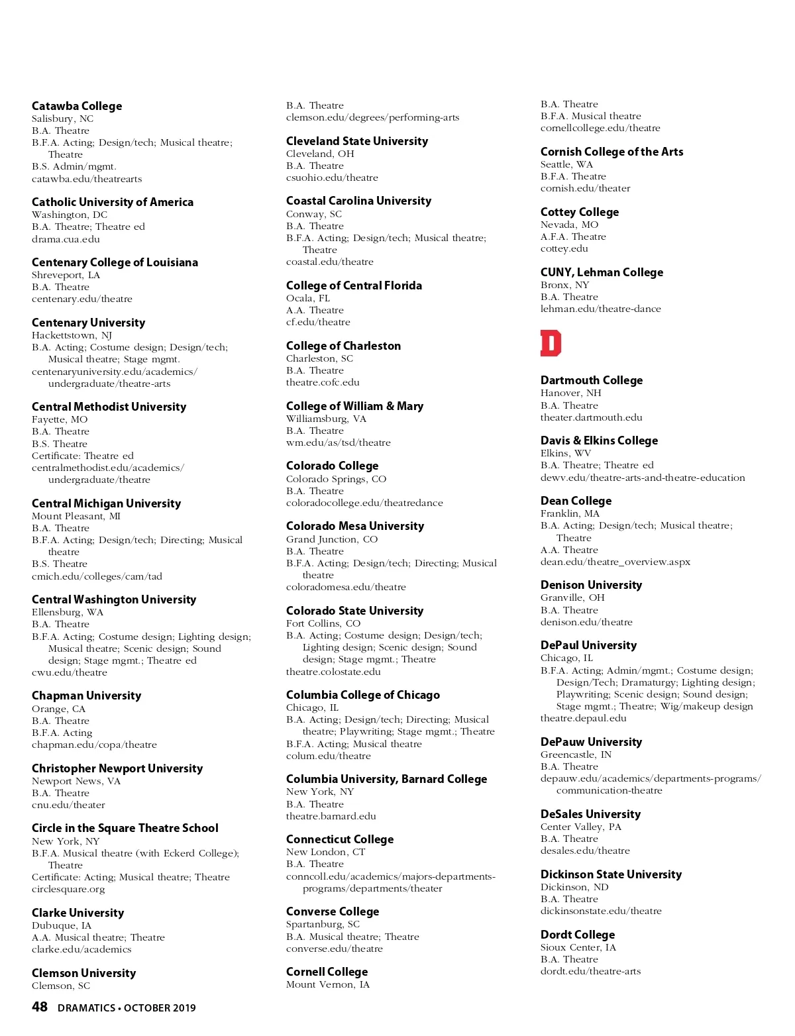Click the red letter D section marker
[x=551, y=343]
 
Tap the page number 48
[x=40, y=1007]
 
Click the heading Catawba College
[x=77, y=106]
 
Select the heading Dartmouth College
[x=591, y=380]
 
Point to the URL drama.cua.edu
[x=66, y=239]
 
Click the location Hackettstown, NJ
[x=72, y=335]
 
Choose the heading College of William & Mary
[x=354, y=406]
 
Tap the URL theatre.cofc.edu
[x=323, y=382]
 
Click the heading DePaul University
[x=588, y=645]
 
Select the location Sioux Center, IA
[x=578, y=947]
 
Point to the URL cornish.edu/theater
[x=585, y=188]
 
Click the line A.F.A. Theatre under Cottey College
[x=573, y=236]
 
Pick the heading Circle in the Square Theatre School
[x=125, y=828]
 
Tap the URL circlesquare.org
[x=68, y=889]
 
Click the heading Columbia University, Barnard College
[x=386, y=779]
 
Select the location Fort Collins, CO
[x=323, y=623]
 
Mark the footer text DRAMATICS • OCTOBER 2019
[x=127, y=1008]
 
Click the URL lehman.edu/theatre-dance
[x=600, y=309]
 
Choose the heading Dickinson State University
[x=611, y=874]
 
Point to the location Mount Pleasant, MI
[x=76, y=516]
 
